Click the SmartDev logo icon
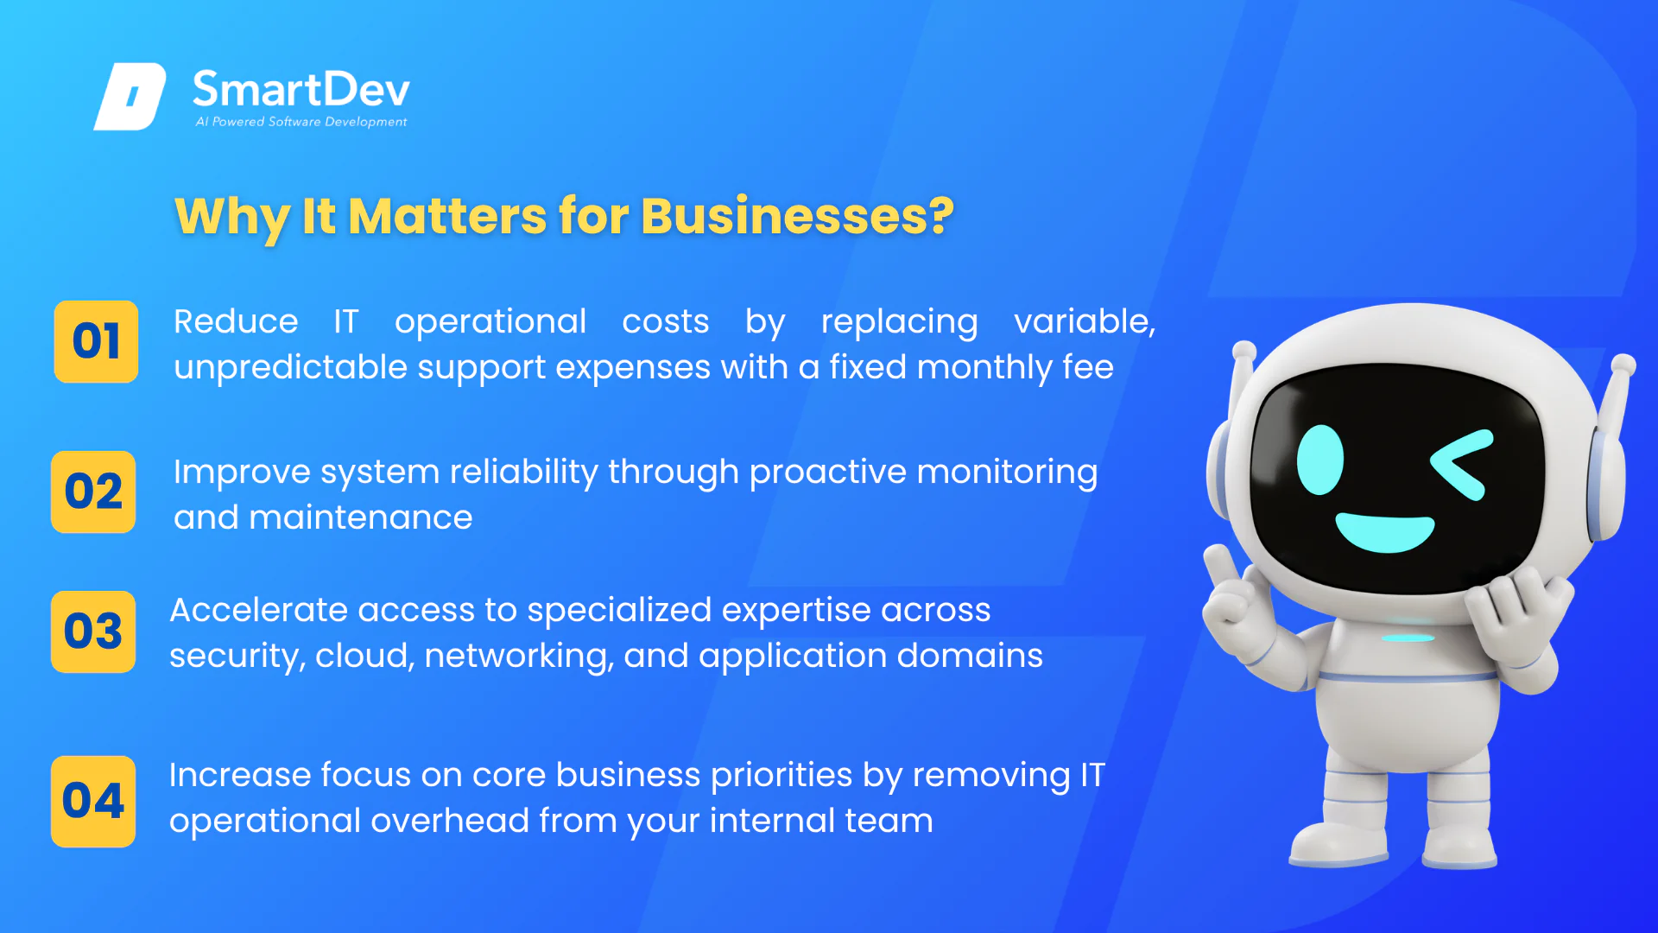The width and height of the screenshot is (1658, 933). click(130, 96)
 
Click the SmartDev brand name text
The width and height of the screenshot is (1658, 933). click(301, 89)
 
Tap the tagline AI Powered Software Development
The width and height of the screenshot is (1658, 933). click(301, 122)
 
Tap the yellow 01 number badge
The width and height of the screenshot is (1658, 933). click(96, 341)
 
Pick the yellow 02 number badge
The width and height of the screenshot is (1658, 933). click(93, 492)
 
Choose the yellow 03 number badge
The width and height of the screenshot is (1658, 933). click(93, 632)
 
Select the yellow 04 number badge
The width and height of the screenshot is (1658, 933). click(93, 801)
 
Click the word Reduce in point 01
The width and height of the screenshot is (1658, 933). click(236, 321)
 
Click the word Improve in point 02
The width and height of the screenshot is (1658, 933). click(242, 473)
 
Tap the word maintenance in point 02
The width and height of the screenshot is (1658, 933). click(361, 517)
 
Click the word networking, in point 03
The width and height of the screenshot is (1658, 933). click(519, 656)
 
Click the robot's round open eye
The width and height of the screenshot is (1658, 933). click(1320, 460)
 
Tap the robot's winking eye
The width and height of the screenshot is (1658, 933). click(1461, 464)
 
